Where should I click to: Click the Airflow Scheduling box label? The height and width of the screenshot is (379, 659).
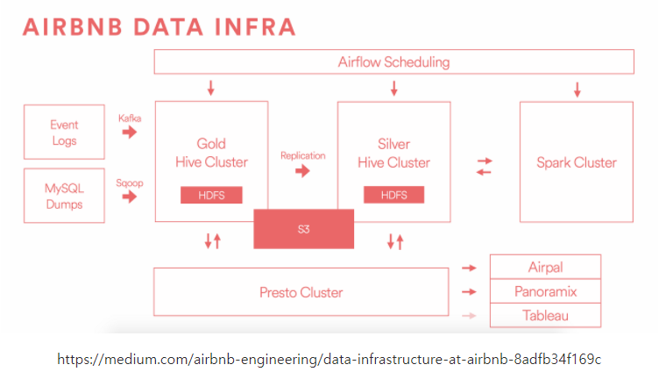[x=393, y=62]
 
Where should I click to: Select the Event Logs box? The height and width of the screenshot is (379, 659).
[x=64, y=132]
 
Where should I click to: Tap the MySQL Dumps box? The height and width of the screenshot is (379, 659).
[x=64, y=196]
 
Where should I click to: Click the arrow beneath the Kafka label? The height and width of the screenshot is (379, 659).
[x=130, y=132]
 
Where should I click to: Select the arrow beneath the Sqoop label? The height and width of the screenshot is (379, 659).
[x=130, y=197]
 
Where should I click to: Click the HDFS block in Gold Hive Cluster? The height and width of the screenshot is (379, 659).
[x=211, y=196]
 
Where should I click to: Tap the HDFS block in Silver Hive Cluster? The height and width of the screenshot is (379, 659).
[x=394, y=196]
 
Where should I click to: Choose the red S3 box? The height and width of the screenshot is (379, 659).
[x=304, y=228]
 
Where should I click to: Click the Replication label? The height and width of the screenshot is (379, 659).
[x=302, y=156]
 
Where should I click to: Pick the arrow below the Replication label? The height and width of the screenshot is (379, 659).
[x=302, y=171]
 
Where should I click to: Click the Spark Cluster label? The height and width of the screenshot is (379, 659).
[x=576, y=163]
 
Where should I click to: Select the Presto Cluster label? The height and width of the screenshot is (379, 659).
[x=301, y=292]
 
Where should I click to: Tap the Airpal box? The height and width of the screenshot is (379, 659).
[x=545, y=267]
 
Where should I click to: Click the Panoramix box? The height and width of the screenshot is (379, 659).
[x=545, y=291]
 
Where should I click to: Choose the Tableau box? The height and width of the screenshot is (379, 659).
[x=545, y=315]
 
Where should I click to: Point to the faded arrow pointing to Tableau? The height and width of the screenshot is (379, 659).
[x=469, y=316]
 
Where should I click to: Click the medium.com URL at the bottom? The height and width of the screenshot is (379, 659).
[x=329, y=360]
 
